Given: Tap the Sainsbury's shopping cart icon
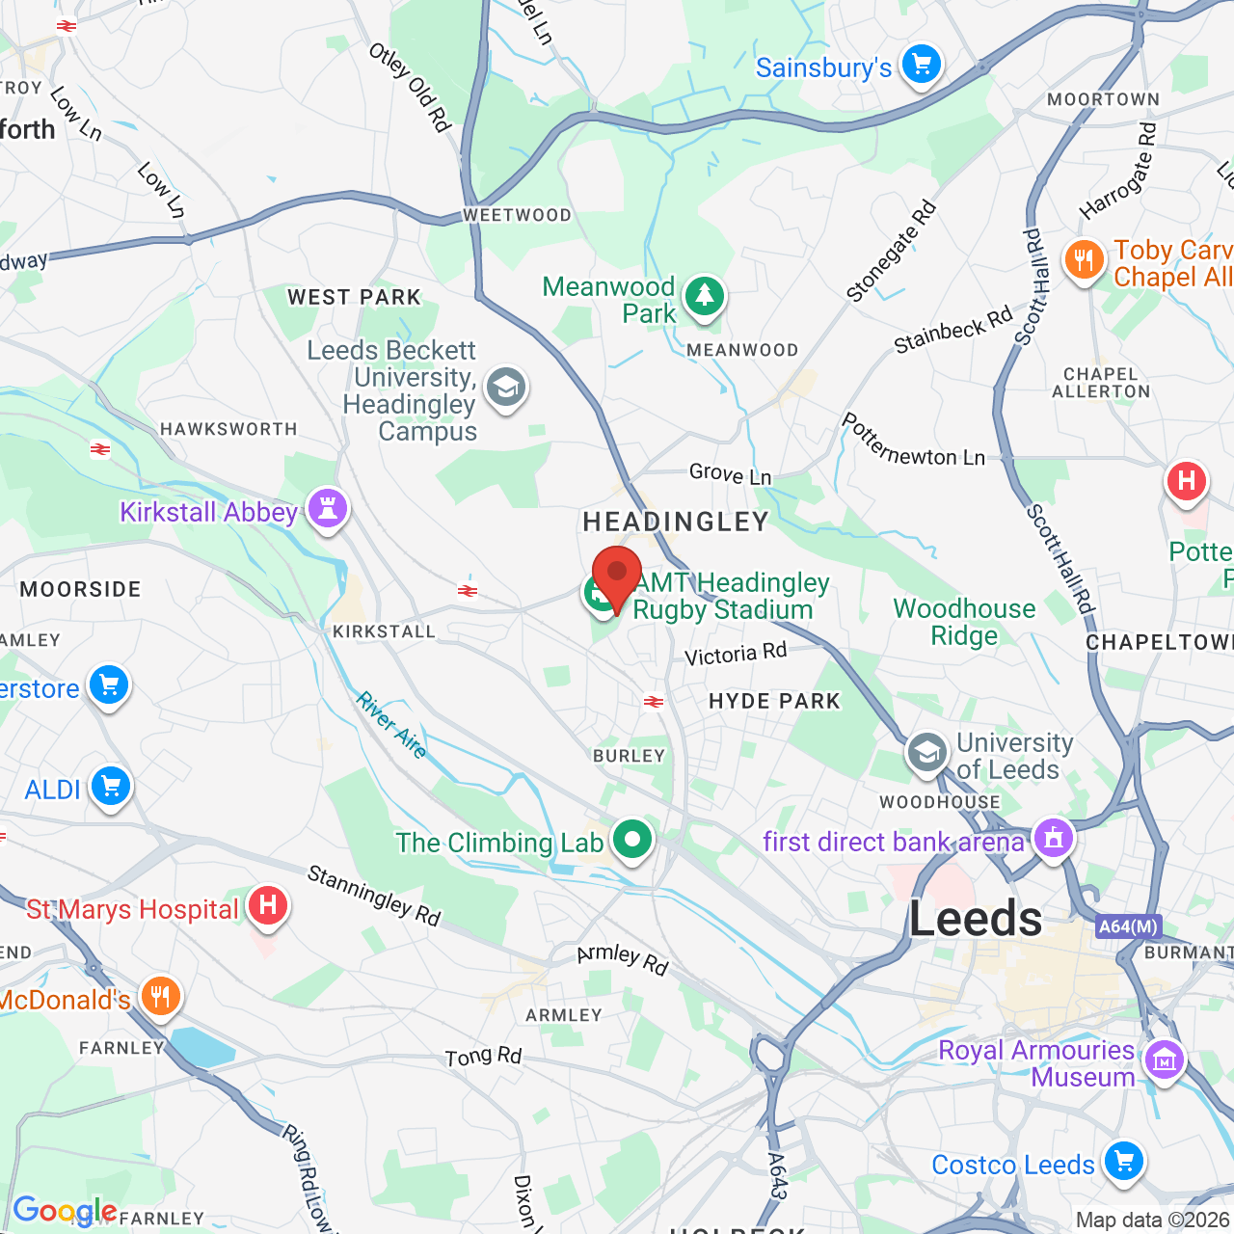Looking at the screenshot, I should (922, 65).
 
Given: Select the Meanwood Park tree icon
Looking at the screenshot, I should (705, 295).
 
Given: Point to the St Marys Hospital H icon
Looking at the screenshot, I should (267, 906).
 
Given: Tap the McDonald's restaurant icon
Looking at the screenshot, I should (161, 997).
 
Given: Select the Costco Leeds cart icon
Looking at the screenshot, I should (1123, 1161).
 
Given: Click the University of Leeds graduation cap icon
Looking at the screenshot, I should (926, 753).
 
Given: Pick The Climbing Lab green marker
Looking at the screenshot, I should (632, 840).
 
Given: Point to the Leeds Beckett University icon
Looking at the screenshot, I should (505, 388).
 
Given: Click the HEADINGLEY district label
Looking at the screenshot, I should (676, 523).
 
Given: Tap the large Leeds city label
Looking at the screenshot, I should (976, 919).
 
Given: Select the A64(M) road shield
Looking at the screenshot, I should (1128, 926).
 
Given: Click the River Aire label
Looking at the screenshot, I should (391, 725).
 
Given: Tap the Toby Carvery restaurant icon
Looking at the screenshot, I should (1085, 259).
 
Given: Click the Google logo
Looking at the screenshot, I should (65, 1211).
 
